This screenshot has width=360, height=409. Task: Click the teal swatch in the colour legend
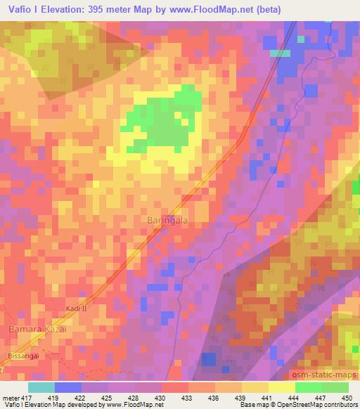41,387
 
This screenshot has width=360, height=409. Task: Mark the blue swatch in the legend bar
68,387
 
